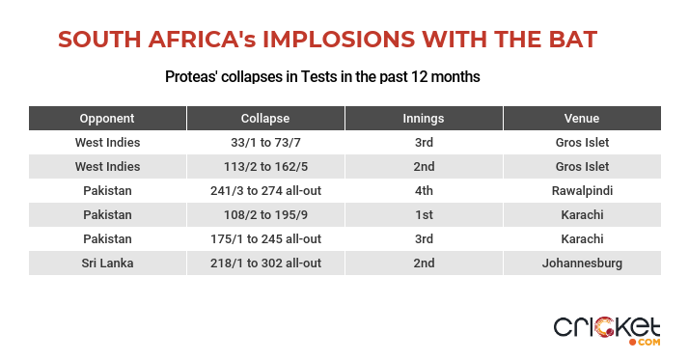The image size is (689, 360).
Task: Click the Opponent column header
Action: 107,119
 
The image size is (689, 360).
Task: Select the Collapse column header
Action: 265,119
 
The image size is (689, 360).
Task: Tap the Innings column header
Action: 424,119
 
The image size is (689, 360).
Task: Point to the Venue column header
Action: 582,119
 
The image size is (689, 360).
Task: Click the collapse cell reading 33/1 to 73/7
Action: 265,143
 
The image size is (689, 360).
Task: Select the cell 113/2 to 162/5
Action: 265,167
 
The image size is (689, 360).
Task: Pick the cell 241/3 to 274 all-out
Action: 265,191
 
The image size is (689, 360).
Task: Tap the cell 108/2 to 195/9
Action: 265,215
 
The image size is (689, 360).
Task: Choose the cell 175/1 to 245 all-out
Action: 265,239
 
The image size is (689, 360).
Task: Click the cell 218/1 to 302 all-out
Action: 265,263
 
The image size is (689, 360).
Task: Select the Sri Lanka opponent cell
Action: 107,263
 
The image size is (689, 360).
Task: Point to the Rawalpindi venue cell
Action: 582,191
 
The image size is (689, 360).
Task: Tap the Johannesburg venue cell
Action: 582,263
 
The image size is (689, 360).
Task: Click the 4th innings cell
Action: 424,191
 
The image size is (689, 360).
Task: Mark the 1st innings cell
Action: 424,215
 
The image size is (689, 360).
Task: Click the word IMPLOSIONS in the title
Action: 339,40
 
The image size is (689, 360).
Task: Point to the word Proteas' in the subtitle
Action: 191,77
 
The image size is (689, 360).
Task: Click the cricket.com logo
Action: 607,331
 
